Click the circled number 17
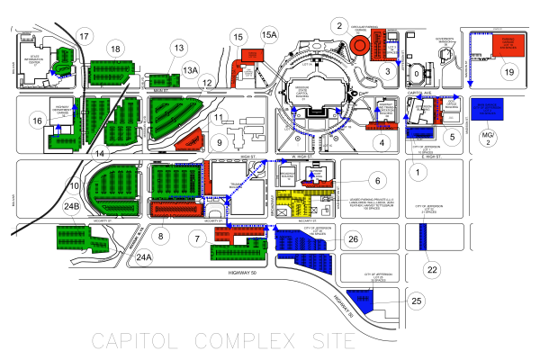pyautogui.click(x=85, y=36)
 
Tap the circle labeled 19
pyautogui.click(x=508, y=71)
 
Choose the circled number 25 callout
pyautogui.click(x=415, y=300)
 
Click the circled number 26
pyautogui.click(x=354, y=239)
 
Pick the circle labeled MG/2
pyautogui.click(x=490, y=138)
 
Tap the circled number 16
pyautogui.click(x=37, y=121)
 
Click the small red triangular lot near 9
pyautogui.click(x=190, y=139)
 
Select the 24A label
pyautogui.click(x=143, y=257)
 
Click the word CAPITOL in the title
pyautogui.click(x=128, y=341)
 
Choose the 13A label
pyautogui.click(x=190, y=68)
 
